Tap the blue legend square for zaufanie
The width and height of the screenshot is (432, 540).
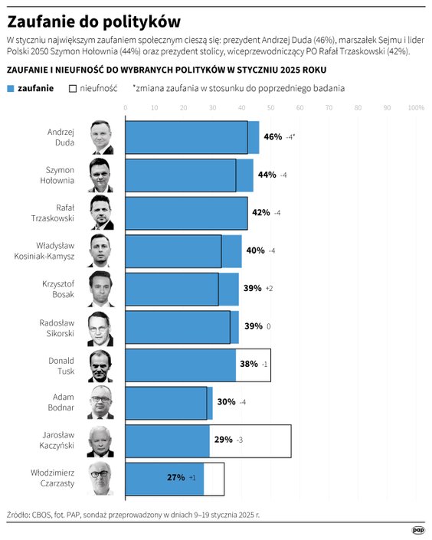(x=10, y=88)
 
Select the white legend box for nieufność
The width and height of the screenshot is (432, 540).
(x=74, y=88)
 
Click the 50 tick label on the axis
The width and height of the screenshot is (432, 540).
(x=270, y=108)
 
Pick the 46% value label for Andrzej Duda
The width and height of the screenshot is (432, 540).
(x=273, y=137)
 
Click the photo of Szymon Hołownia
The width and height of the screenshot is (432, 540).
(x=103, y=175)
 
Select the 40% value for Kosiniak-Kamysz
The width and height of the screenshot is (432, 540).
(x=255, y=250)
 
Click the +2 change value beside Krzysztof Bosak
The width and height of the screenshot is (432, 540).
(x=269, y=289)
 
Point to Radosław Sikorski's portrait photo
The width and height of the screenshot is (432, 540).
(x=103, y=326)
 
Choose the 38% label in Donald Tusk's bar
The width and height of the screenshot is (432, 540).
(x=248, y=365)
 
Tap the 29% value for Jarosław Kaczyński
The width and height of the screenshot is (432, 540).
(x=224, y=440)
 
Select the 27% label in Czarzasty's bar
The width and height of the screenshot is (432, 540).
(x=175, y=478)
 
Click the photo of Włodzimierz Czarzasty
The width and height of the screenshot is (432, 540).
(x=103, y=478)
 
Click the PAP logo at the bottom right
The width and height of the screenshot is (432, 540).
(x=417, y=529)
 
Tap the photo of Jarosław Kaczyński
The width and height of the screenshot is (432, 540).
(x=103, y=440)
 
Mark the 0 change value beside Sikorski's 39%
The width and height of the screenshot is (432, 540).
(x=268, y=326)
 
